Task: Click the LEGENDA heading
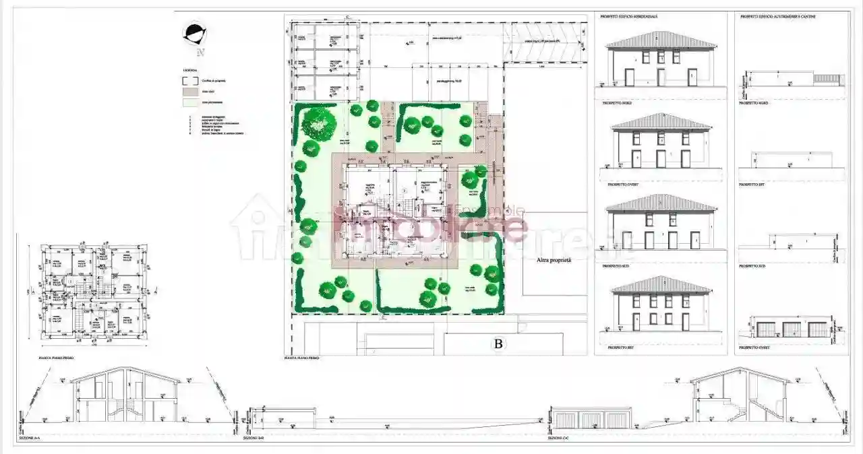[x=189, y=70]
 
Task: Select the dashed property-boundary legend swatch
[x=190, y=80]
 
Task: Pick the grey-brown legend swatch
[x=190, y=92]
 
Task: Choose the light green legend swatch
[x=190, y=102]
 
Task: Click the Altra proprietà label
[x=554, y=259]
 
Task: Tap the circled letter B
[x=498, y=344]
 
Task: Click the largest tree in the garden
[x=318, y=123]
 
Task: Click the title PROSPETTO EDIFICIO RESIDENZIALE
[x=628, y=16]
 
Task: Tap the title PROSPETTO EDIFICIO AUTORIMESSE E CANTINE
[x=777, y=16]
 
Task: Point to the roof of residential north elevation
[x=661, y=40]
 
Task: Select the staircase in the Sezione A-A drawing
[x=125, y=408]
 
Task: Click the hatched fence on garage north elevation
[x=825, y=79]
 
